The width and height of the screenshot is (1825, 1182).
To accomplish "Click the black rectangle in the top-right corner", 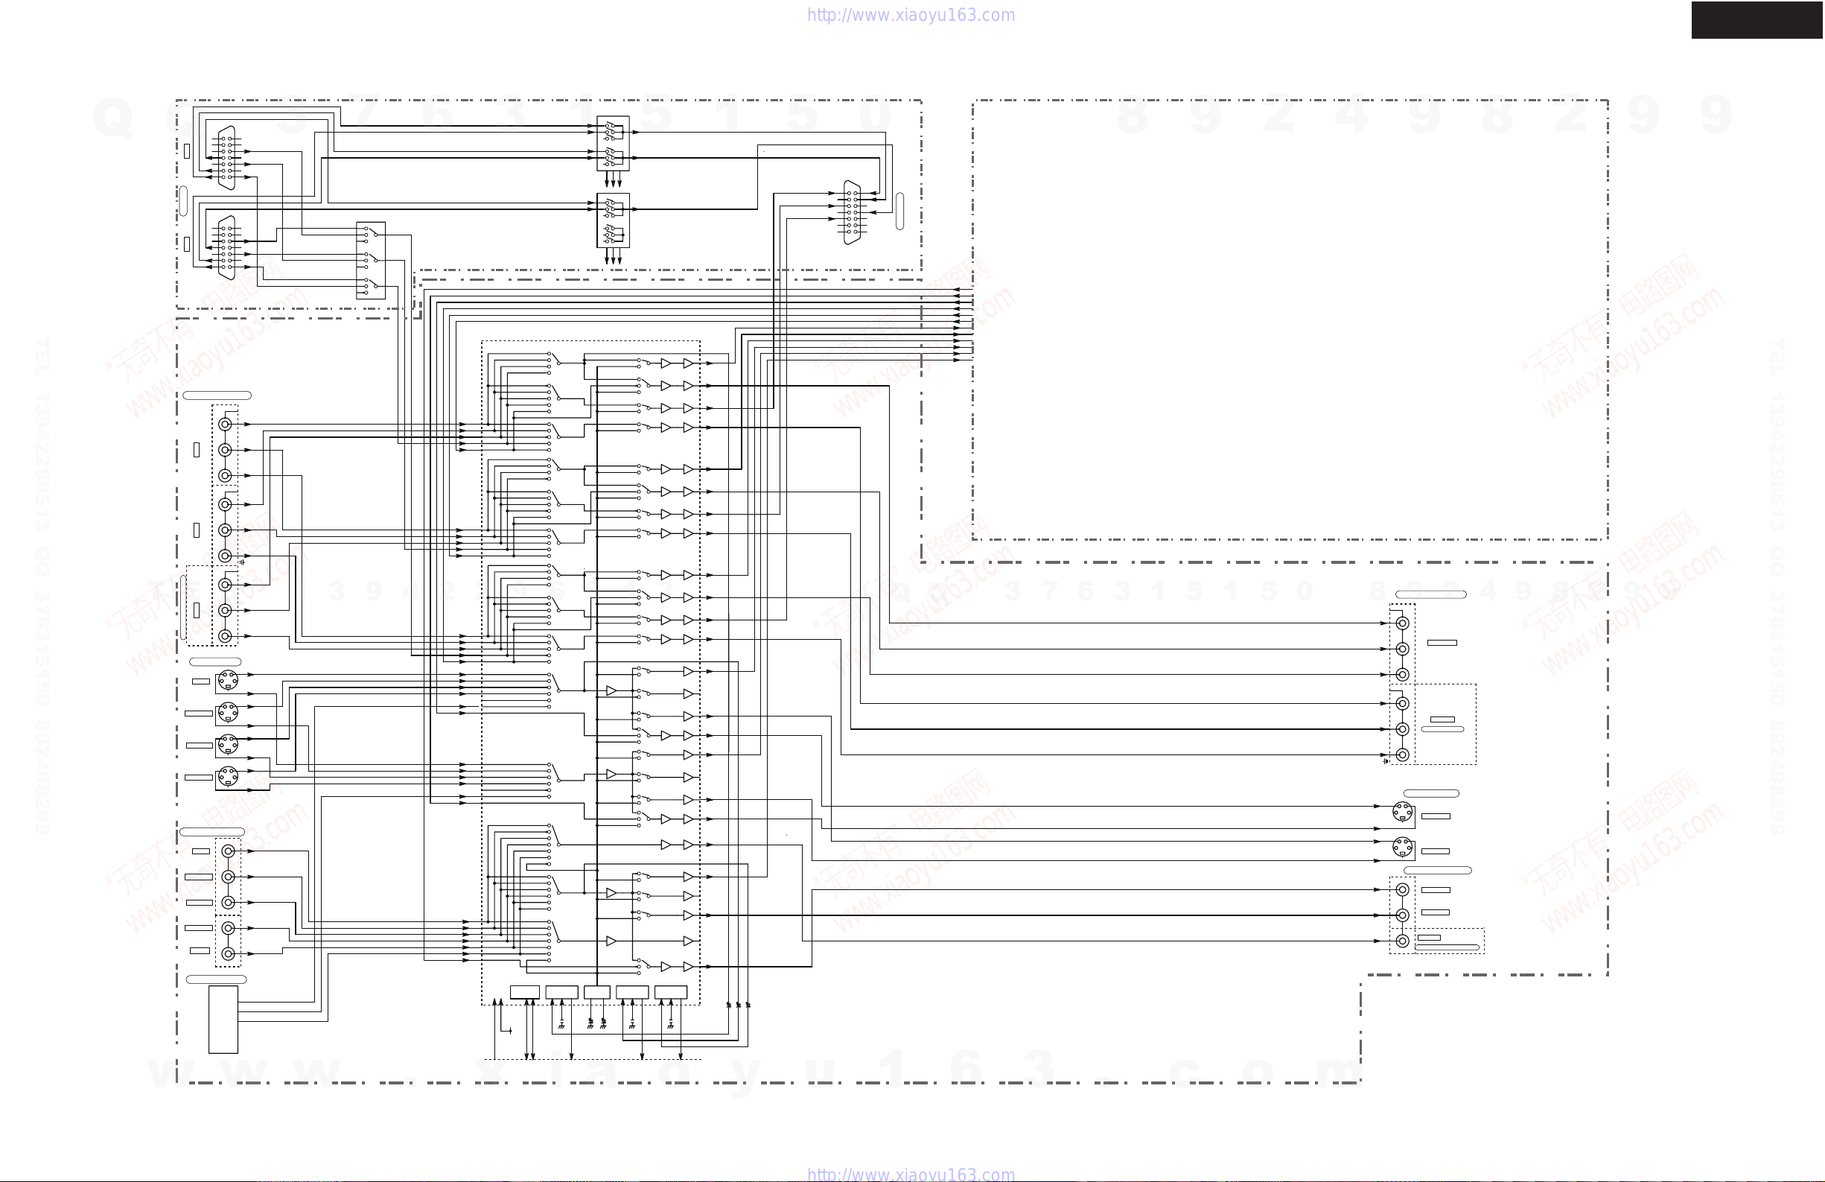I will [x=1756, y=20].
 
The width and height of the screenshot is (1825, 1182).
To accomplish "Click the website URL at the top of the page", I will [x=911, y=16].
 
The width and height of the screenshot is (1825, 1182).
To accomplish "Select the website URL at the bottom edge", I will [x=911, y=1175].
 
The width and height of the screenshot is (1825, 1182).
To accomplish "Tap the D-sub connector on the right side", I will [x=851, y=212].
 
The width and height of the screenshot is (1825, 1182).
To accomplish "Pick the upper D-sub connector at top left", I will [x=227, y=157].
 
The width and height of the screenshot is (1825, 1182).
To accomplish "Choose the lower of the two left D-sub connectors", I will [x=227, y=247].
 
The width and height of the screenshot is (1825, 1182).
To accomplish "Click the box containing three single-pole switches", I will [x=371, y=260].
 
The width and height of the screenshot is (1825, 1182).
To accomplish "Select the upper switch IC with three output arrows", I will [x=613, y=144].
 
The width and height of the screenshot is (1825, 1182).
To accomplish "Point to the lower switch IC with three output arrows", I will [x=613, y=220].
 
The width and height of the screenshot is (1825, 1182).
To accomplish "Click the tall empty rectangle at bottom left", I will [x=223, y=1020].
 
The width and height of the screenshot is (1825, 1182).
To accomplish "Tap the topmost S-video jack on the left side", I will [x=228, y=680].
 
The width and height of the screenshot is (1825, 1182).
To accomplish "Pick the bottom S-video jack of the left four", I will [x=228, y=777].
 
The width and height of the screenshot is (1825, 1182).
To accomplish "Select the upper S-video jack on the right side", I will [x=1403, y=812].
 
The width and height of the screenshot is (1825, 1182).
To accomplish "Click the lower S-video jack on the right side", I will [x=1403, y=847].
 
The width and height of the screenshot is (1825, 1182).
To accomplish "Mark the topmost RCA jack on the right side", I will [x=1403, y=623].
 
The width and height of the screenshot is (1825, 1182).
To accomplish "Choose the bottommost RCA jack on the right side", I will [x=1403, y=941].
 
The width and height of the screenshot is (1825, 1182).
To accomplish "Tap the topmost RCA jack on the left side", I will [x=225, y=425].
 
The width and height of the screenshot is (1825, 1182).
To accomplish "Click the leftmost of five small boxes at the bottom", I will [x=524, y=992].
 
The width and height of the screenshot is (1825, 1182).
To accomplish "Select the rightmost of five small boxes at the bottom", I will [x=670, y=992].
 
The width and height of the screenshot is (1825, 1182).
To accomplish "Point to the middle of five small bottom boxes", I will [x=596, y=992].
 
